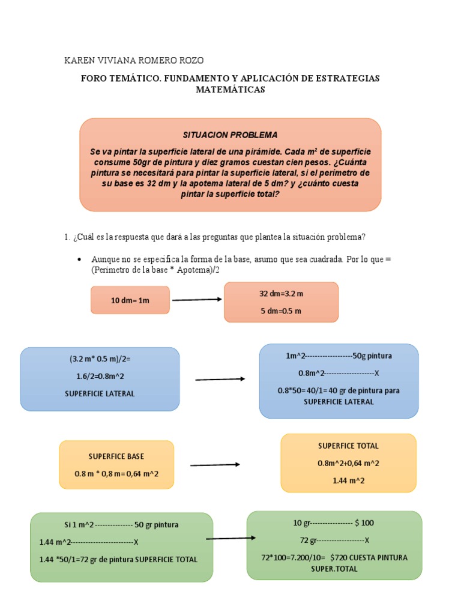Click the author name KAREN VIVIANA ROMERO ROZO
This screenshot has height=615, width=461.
(x=133, y=61)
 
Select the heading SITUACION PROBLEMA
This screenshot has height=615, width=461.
(x=230, y=135)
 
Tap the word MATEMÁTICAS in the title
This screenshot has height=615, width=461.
(x=230, y=89)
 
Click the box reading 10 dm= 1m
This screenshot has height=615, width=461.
(x=130, y=300)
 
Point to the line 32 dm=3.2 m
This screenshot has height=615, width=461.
(x=281, y=294)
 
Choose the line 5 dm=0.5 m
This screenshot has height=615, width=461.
(x=281, y=311)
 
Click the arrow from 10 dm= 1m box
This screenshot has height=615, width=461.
(x=197, y=299)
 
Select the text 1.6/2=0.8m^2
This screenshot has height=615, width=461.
(x=100, y=376)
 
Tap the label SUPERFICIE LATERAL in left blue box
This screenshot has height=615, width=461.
(x=100, y=393)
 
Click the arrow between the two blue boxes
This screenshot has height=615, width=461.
(x=220, y=379)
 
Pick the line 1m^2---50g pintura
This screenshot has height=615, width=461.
(x=339, y=356)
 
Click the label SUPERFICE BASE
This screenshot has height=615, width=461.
(x=116, y=456)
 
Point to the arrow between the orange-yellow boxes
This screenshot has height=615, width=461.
(x=215, y=464)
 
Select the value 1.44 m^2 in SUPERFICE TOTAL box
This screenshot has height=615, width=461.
(x=348, y=480)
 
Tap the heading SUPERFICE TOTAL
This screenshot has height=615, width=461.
(x=348, y=446)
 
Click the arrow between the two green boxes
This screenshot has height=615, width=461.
(x=231, y=538)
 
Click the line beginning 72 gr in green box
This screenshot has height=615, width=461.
(x=334, y=539)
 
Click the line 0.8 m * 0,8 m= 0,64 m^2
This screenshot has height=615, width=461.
(x=116, y=474)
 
